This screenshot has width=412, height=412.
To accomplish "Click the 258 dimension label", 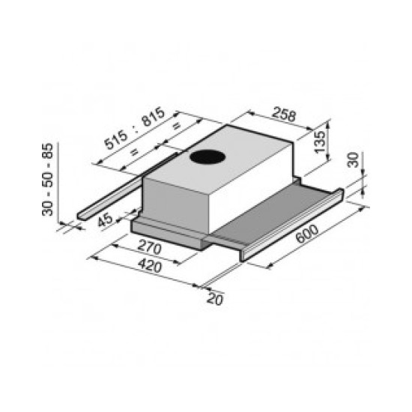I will (283, 116).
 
